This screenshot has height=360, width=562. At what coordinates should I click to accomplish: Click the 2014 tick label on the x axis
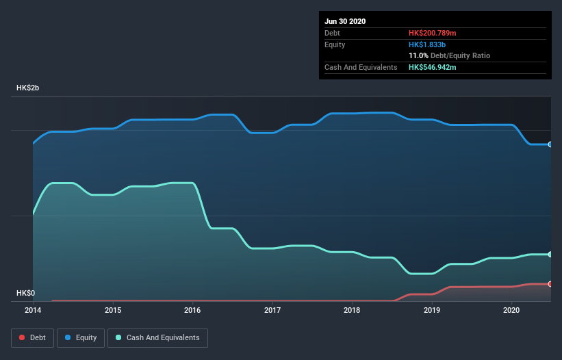pos(33,310)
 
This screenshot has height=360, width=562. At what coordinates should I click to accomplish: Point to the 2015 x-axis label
pos(113,310)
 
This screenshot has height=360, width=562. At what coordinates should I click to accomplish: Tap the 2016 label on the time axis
pos(192,310)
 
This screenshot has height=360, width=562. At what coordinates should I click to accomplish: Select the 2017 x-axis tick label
pos(272,310)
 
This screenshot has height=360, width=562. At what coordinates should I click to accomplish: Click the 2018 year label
pos(352,310)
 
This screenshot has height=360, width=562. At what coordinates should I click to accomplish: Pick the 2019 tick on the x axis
pos(432,310)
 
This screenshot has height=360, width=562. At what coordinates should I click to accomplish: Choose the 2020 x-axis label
pos(511,310)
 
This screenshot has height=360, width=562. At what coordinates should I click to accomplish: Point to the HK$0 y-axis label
pos(25,293)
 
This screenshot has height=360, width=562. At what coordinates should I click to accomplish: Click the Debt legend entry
pos(32,337)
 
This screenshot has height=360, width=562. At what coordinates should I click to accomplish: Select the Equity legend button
pos(81,337)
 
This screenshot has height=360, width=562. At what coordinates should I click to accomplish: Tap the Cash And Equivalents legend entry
pos(157,337)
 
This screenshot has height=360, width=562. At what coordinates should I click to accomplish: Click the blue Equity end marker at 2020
pos(550,144)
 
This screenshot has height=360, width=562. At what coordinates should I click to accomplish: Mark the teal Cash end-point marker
pos(550,254)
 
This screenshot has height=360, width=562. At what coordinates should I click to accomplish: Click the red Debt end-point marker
pos(550,283)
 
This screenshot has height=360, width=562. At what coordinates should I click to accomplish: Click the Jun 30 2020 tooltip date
pos(345,21)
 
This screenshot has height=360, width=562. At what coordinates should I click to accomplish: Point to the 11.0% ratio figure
pos(418,55)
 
